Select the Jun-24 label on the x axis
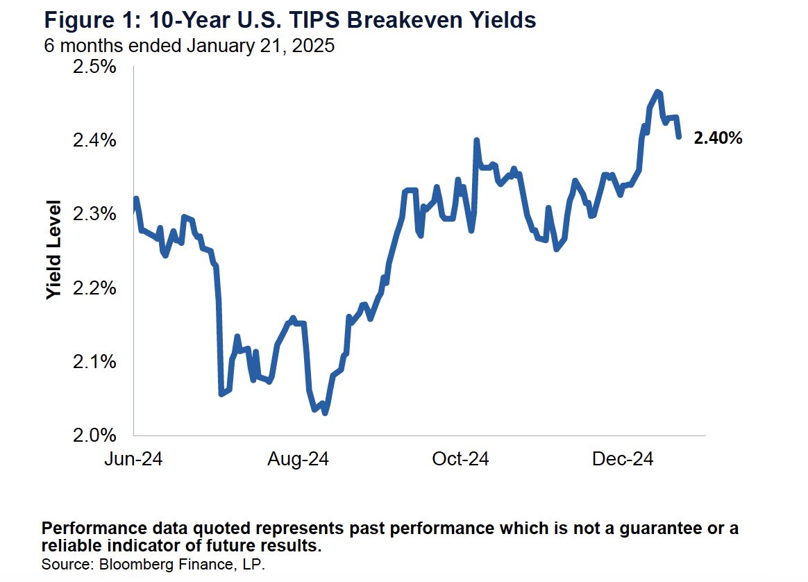coord(133,459)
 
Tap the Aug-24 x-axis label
coord(298,459)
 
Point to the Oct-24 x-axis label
coord(460,459)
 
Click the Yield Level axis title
coord(54,251)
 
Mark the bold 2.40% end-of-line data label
coord(718,138)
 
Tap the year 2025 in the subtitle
coord(317,46)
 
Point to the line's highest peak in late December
coord(657,92)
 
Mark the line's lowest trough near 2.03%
coord(325,413)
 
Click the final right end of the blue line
coord(678,138)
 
